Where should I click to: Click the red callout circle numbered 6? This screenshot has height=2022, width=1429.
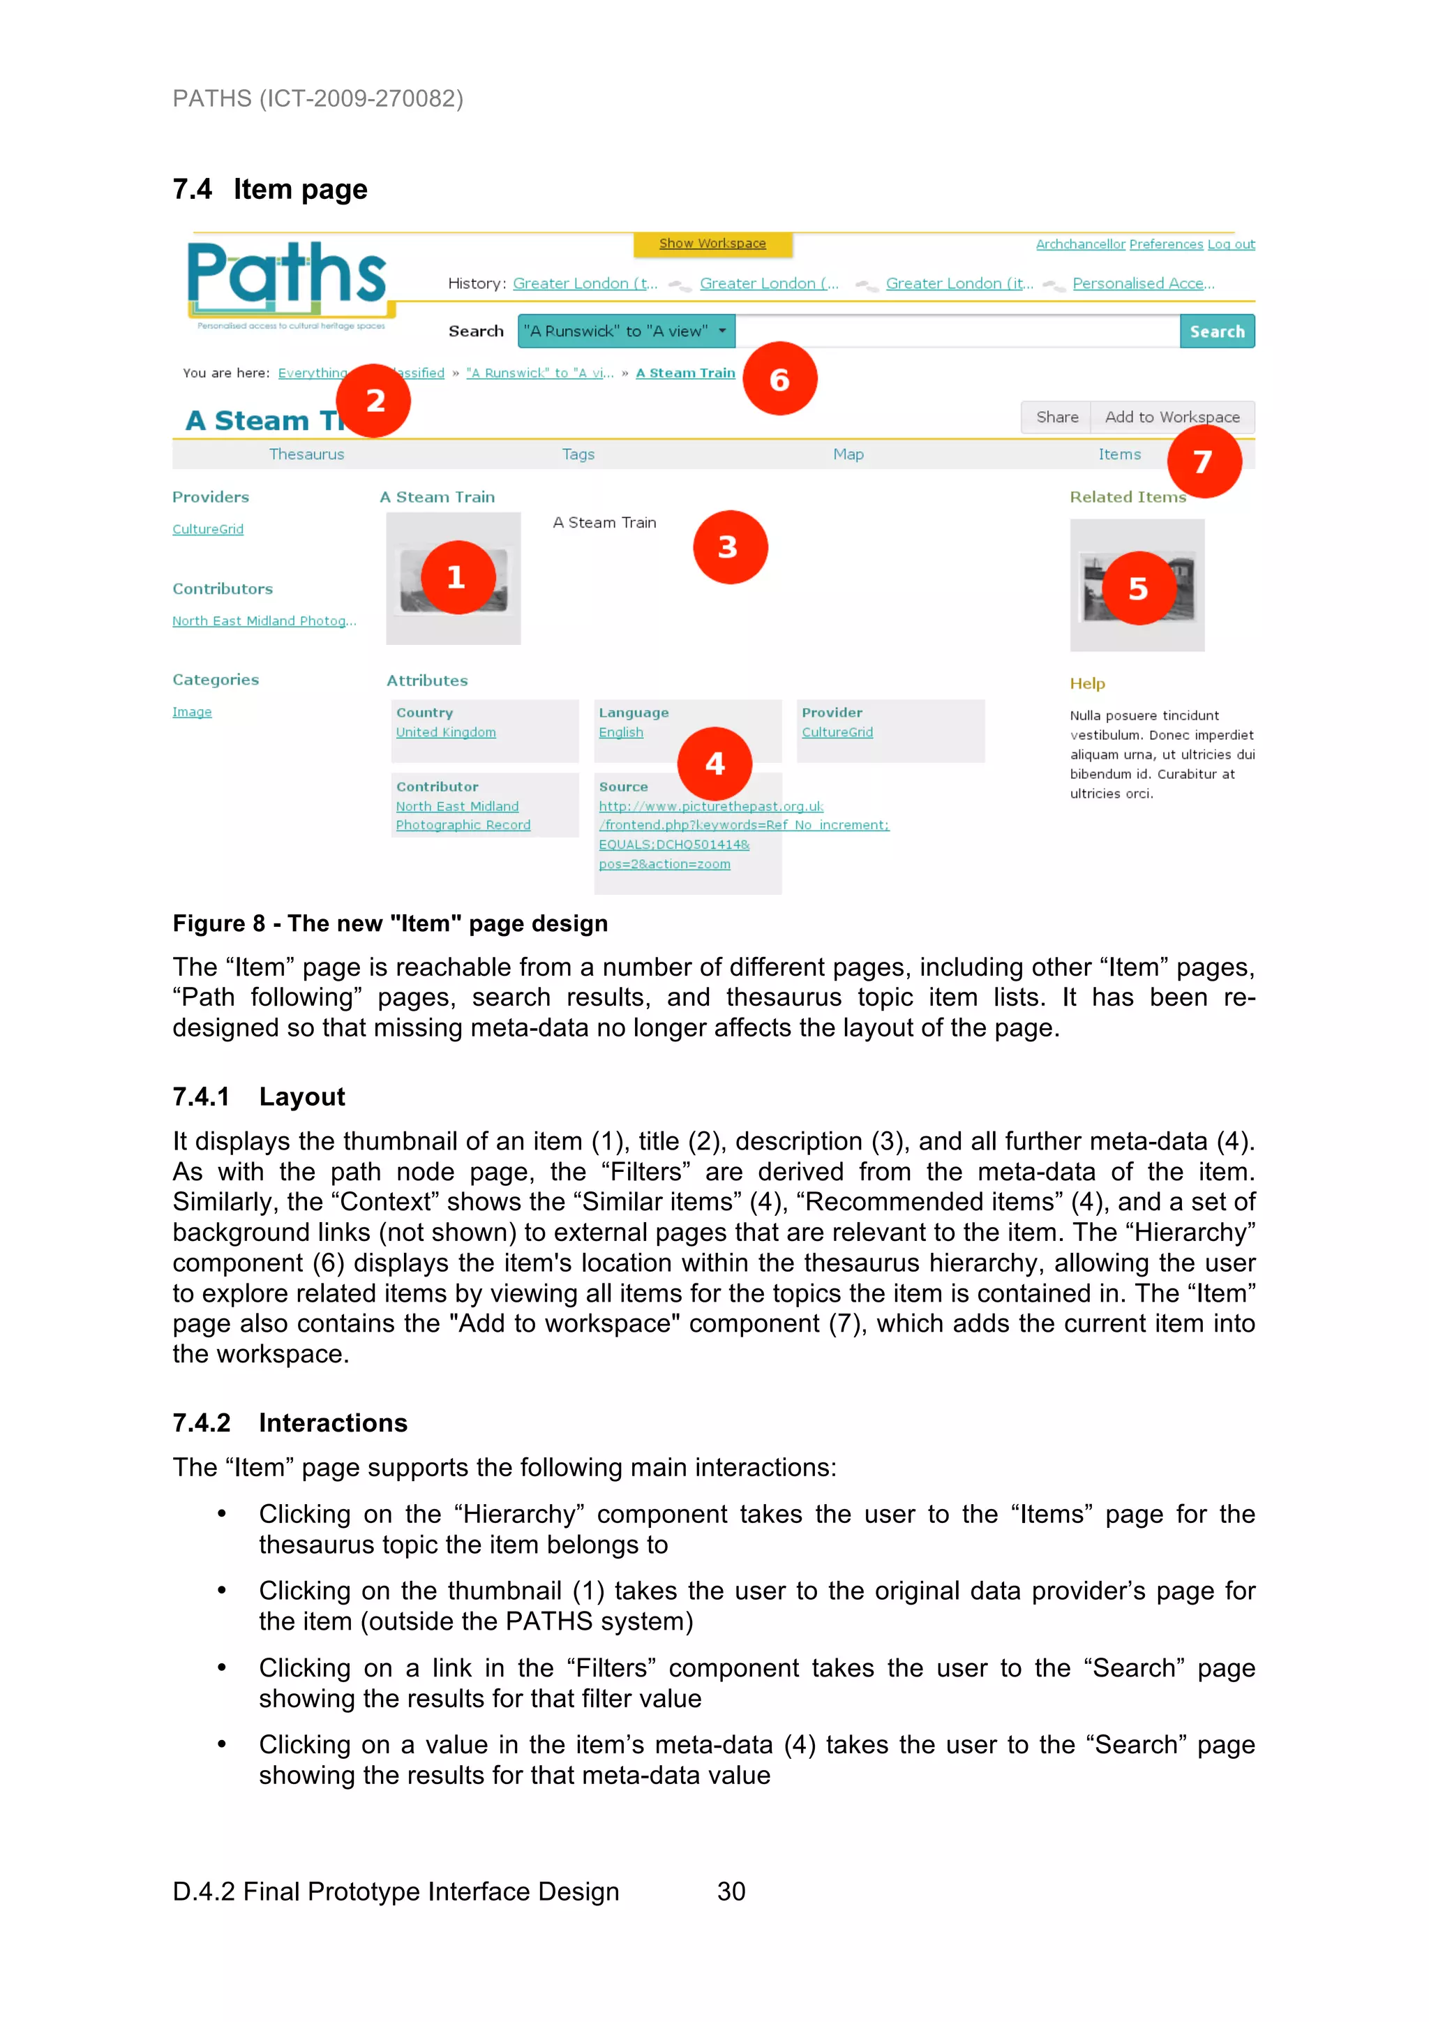[x=779, y=379]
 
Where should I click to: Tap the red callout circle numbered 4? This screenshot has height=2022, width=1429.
[x=714, y=763]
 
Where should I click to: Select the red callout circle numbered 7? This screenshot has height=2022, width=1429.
[x=1204, y=461]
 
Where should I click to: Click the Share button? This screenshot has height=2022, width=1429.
[x=1056, y=417]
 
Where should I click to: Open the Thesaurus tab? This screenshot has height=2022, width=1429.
[x=306, y=454]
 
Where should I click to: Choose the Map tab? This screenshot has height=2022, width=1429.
[x=848, y=454]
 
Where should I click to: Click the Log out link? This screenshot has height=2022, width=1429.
[x=1230, y=245]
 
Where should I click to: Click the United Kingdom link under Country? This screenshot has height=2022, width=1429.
[x=446, y=733]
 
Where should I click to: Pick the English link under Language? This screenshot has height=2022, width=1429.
[x=621, y=733]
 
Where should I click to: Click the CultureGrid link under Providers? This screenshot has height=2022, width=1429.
[x=208, y=529]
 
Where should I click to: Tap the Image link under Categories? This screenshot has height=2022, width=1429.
[x=192, y=713]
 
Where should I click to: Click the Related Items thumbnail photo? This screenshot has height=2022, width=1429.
[x=1137, y=586]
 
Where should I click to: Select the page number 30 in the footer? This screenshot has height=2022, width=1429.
[x=731, y=1891]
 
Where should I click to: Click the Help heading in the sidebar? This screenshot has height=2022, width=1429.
[x=1086, y=683]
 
